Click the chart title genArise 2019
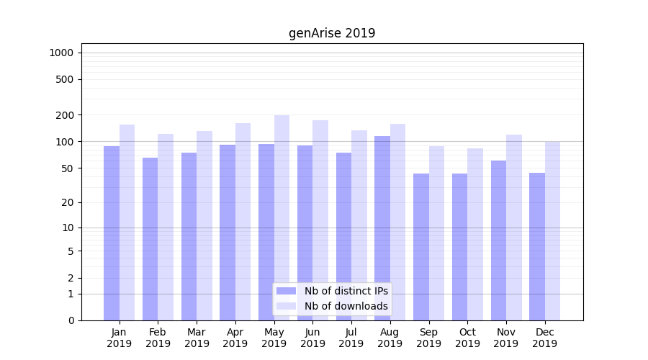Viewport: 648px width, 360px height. (x=332, y=33)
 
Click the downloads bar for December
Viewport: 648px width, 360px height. (x=552, y=230)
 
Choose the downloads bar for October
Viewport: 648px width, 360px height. (x=475, y=234)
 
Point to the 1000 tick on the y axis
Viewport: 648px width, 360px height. (x=61, y=53)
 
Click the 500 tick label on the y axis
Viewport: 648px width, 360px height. (x=65, y=79)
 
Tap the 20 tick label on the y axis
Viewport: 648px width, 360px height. (x=68, y=202)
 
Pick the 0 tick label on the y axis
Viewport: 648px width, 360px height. (x=71, y=320)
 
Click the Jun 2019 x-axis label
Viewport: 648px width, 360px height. (x=312, y=338)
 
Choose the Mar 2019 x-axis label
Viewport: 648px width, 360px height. (x=197, y=338)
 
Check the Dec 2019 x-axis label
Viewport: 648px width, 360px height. (x=544, y=338)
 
